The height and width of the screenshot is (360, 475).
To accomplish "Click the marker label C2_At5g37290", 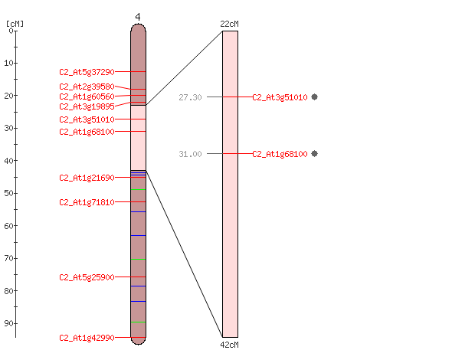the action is point(87,72).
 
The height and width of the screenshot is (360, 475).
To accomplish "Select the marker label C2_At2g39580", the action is point(87,87).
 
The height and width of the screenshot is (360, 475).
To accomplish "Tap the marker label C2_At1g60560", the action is point(87,97).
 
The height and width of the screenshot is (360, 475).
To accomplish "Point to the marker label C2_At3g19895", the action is point(87,106).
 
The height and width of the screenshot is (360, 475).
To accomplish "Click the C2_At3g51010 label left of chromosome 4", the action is point(87,119).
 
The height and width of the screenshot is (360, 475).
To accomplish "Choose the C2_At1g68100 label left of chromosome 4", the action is point(87,132).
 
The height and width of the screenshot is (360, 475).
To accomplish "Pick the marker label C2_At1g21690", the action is point(87,178).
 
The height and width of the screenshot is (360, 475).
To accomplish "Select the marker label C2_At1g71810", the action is point(87,202).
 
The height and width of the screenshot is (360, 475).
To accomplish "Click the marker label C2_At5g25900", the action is point(87,277).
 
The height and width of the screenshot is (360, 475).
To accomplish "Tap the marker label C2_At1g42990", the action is point(87,338).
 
